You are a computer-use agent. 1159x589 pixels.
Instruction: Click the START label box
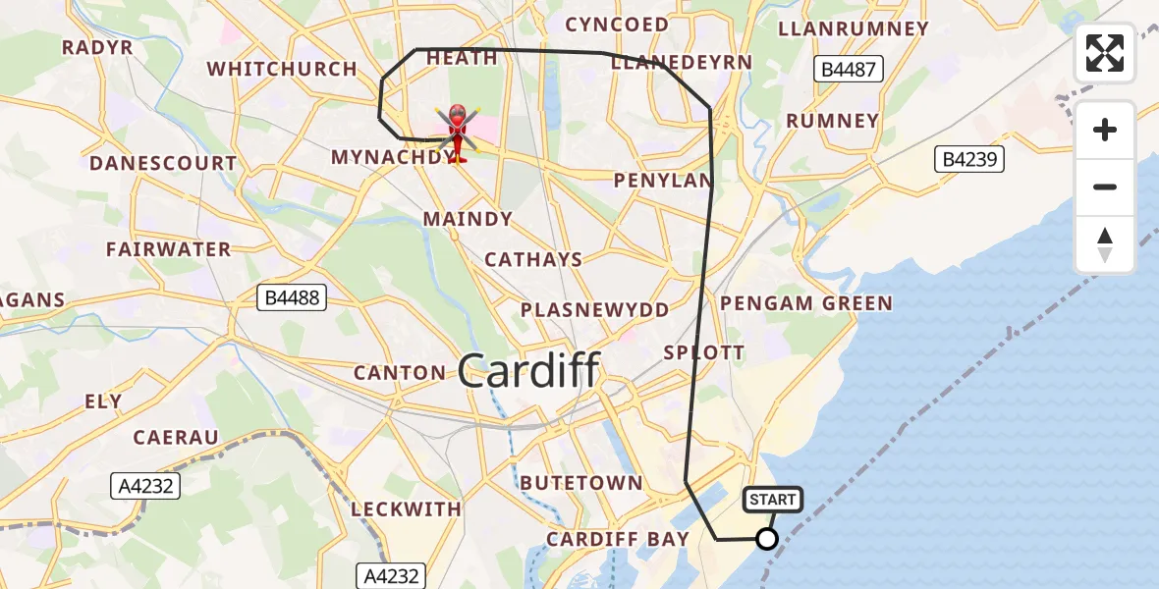pos(773,500)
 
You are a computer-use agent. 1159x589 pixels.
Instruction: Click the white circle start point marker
pos(767,539)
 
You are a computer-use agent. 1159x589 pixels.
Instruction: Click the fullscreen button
pos(1105,53)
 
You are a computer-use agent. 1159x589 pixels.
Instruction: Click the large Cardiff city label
pos(528,371)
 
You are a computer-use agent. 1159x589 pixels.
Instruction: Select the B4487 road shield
pos(850,69)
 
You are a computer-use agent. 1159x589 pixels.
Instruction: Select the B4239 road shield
pos(969,159)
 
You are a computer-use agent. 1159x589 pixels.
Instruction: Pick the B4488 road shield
pos(292,296)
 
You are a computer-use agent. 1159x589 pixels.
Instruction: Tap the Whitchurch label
pos(282,69)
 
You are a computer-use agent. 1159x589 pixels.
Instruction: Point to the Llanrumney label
pos(853,28)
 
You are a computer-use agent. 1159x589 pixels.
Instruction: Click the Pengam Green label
pos(806,303)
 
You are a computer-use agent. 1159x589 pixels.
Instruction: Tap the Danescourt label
pos(163,163)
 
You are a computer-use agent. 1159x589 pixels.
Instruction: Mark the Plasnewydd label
pos(595,309)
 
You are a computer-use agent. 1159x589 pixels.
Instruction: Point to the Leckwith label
pos(406,509)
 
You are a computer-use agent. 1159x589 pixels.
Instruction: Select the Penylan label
pos(663,181)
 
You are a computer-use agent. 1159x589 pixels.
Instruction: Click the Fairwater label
pos(169,249)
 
